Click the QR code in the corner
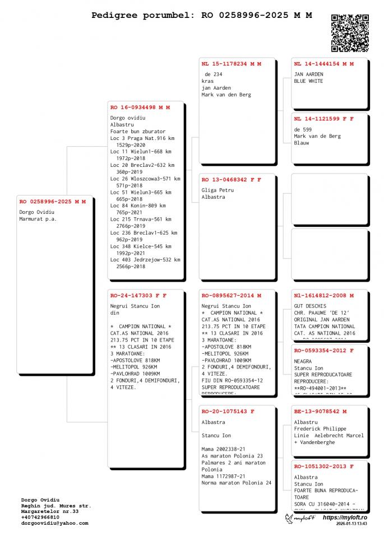point(350,32)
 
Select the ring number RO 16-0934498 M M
point(140,107)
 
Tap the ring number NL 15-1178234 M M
point(232,64)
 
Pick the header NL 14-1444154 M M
point(323,64)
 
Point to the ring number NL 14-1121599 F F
point(323,119)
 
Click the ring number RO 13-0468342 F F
point(232,180)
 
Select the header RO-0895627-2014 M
point(232,295)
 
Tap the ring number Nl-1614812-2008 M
point(323,295)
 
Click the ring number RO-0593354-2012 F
point(323,351)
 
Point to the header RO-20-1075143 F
point(228,411)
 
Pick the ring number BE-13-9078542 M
point(320,411)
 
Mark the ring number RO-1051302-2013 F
point(323,466)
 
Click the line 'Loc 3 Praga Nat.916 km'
point(142,138)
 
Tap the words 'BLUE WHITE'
point(308,81)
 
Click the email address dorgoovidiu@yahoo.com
point(54,523)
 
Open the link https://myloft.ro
point(345,517)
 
